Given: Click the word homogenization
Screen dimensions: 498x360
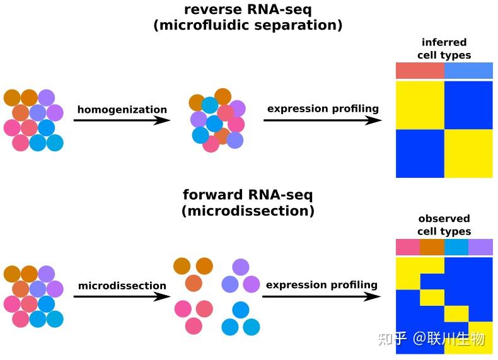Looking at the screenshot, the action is click(x=122, y=110).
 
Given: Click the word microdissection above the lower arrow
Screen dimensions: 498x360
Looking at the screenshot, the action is click(x=122, y=286).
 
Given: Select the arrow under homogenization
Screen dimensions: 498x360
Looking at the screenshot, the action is click(x=122, y=120).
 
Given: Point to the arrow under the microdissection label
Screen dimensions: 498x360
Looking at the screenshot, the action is click(x=122, y=296).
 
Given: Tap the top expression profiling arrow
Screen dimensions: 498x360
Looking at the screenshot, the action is click(x=322, y=120).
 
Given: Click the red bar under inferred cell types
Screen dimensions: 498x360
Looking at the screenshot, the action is click(x=420, y=71).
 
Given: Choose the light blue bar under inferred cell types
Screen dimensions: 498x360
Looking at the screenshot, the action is click(x=468, y=71).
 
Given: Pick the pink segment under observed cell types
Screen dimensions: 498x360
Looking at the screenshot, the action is click(x=408, y=247).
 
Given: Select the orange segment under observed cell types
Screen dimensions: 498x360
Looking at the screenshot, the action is click(x=432, y=247).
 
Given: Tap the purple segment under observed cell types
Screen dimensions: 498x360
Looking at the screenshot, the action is click(x=480, y=247).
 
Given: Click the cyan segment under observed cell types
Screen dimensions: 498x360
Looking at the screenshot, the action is click(x=456, y=247).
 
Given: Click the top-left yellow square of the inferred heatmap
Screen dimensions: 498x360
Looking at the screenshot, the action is click(x=420, y=105).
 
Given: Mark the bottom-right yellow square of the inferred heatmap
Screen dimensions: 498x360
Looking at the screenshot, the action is click(x=468, y=153).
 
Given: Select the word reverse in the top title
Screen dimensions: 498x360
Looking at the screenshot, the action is click(x=213, y=9).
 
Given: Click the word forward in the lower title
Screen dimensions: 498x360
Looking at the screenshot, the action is click(x=213, y=194).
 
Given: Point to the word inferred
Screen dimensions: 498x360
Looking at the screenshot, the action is click(x=444, y=42).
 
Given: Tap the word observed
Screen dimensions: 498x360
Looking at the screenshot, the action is click(x=444, y=218).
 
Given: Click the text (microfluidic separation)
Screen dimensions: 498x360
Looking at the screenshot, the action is click(x=248, y=25).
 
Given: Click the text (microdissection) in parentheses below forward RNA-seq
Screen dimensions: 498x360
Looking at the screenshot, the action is click(x=248, y=211).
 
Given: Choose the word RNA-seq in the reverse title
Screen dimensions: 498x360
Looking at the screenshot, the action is click(x=279, y=10).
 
